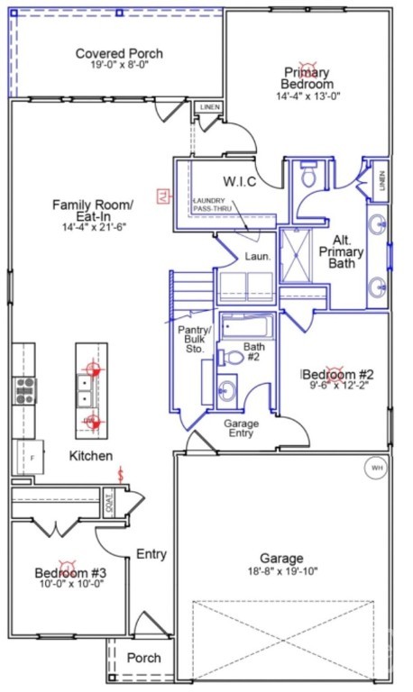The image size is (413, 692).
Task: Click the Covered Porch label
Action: point(118,53)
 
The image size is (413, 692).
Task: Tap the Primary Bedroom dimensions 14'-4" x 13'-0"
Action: point(307,96)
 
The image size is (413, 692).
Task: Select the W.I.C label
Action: point(240,182)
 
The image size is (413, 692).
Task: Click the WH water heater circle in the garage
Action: point(374,468)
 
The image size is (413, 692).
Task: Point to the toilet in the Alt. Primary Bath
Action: point(308,175)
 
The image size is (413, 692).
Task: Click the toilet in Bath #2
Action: point(233,357)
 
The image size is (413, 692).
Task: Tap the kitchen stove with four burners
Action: point(24,390)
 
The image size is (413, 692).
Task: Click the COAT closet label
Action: point(108,499)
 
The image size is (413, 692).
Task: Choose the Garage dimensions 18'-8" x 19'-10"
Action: point(283,571)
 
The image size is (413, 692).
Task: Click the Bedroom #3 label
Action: point(70,573)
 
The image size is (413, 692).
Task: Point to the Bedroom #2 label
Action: point(337,375)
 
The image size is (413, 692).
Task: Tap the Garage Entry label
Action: point(241,428)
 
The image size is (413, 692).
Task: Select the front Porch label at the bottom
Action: point(143,658)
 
